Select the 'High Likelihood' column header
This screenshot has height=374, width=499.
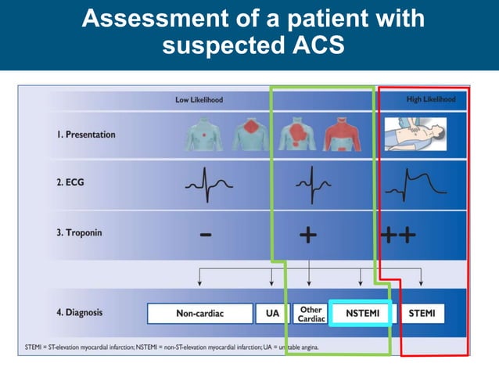(430, 99)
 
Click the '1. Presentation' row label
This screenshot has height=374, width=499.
(85, 134)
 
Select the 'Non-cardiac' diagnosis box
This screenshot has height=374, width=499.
(199, 314)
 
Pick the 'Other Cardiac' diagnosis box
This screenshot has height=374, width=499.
(311, 314)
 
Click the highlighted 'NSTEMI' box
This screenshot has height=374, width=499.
(360, 313)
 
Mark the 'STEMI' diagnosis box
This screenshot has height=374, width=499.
(427, 314)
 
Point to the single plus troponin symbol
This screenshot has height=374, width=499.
(309, 235)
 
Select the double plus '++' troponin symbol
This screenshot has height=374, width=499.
(398, 235)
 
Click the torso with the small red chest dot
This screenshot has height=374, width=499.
(203, 134)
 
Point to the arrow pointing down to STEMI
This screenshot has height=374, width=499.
(422, 276)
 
